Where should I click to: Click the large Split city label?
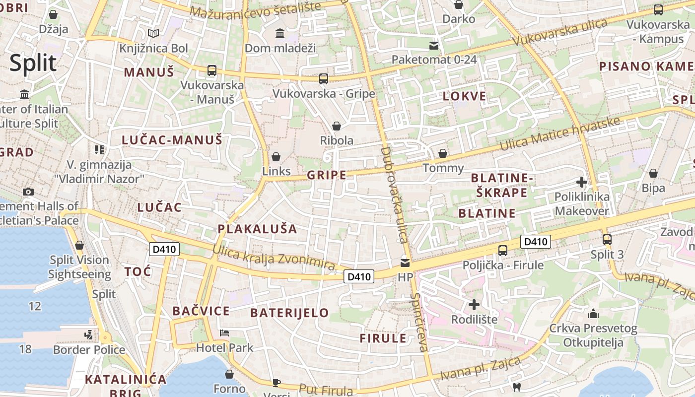pyautogui.click(x=33, y=64)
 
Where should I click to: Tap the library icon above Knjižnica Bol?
pyautogui.click(x=153, y=34)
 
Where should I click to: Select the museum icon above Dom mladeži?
pyautogui.click(x=280, y=34)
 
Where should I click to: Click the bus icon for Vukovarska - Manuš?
pyautogui.click(x=212, y=70)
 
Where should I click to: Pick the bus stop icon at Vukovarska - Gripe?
pyautogui.click(x=324, y=78)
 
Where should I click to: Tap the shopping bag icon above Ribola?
pyautogui.click(x=337, y=126)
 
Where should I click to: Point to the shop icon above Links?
pyautogui.click(x=276, y=157)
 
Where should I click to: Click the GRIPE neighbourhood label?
pyautogui.click(x=326, y=175)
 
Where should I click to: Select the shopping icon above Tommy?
pyautogui.click(x=443, y=153)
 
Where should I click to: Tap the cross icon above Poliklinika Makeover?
pyautogui.click(x=582, y=182)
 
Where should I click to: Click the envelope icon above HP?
pyautogui.click(x=405, y=263)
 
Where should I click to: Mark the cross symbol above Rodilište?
pyautogui.click(x=474, y=304)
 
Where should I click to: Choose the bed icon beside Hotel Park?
pyautogui.click(x=224, y=332)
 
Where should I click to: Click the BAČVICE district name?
pyautogui.click(x=201, y=311)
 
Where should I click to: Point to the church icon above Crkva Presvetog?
pyautogui.click(x=593, y=314)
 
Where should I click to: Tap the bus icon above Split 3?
pyautogui.click(x=607, y=240)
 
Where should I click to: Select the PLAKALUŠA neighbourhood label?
pyautogui.click(x=257, y=229)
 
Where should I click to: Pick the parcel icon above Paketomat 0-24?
pyautogui.click(x=434, y=46)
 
